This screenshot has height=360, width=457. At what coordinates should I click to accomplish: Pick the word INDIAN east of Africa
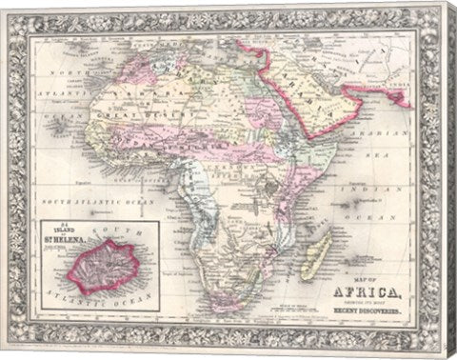pyautogui.click(x=381, y=184)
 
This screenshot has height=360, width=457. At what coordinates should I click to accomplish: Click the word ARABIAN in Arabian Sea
pyautogui.click(x=389, y=132)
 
